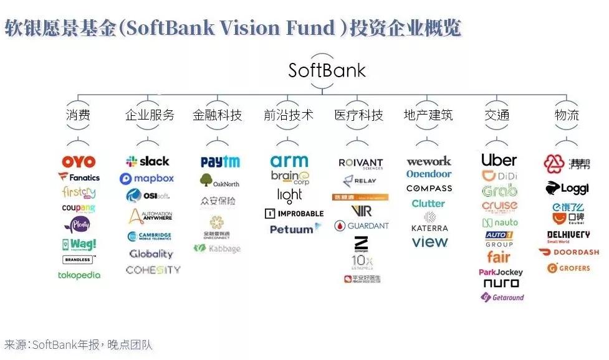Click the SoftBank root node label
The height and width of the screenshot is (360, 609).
coord(327,69)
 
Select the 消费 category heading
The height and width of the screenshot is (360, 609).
coord(78,115)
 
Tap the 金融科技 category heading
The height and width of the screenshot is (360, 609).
coord(217,115)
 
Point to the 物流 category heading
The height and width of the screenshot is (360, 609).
coord(567,115)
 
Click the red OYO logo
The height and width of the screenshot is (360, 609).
coord(79,162)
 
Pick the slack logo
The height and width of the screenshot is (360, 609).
coord(147,161)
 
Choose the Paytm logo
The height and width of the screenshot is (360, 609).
coord(220,162)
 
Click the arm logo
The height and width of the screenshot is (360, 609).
coord(289,161)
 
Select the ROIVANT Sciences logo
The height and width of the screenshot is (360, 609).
coord(360,163)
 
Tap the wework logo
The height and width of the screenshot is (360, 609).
coord(428,161)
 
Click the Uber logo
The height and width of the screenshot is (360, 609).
coord(499,159)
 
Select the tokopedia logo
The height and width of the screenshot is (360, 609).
coord(79,275)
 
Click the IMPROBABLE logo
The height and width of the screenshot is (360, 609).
coord(294,213)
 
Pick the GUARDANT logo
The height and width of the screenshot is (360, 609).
coord(361,225)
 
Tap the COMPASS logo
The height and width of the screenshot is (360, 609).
coord(429,188)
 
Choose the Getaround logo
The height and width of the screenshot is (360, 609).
coord(502,297)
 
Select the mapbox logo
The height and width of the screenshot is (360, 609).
coord(147,179)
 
